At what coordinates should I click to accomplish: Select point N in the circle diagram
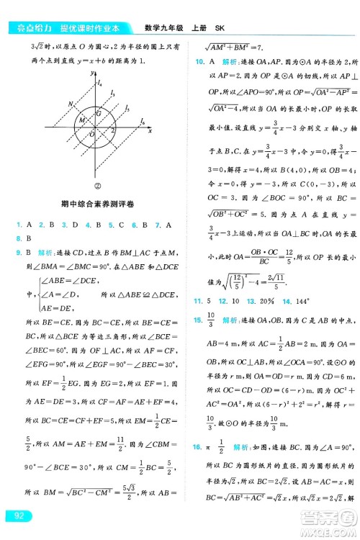pos(70,104)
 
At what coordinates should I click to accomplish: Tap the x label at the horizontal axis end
pos(150,131)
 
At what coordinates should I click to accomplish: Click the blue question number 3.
pos(65,225)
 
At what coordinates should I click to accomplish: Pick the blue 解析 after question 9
pos(48,253)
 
